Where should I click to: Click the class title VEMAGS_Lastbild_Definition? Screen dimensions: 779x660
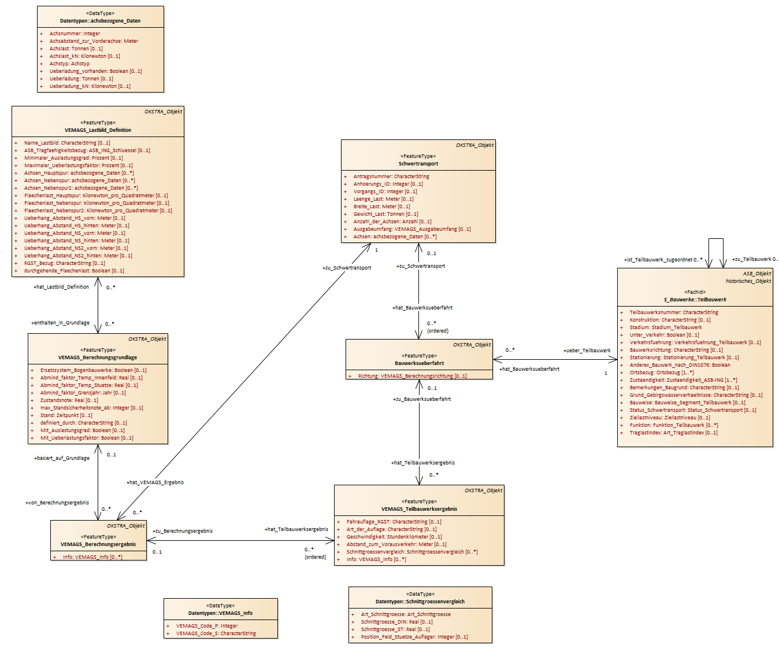coord(98,130)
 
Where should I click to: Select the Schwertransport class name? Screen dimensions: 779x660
coord(418,164)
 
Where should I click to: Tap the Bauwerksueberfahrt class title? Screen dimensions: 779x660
coord(419,363)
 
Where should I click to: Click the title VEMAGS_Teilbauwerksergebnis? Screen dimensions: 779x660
coord(419,509)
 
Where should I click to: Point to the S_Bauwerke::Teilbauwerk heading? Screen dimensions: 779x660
coord(695,300)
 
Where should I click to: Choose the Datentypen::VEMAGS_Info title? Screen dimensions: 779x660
coord(221,613)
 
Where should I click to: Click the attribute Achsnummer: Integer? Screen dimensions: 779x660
coord(75,34)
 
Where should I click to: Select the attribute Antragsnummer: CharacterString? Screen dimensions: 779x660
coord(391,176)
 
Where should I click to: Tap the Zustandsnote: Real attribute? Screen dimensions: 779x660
coord(69,400)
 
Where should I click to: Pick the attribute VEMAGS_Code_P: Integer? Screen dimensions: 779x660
coord(207,626)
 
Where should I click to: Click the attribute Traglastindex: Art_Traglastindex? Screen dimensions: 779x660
coord(673,433)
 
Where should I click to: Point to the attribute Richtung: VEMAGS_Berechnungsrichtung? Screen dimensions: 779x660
coord(412,376)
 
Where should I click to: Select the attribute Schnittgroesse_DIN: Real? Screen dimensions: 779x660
coord(396,621)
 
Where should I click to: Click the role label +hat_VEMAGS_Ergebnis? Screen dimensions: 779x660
coord(155,482)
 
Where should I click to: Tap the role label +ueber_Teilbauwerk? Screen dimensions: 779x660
coord(587,351)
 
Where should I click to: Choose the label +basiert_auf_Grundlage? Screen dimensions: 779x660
coord(62,458)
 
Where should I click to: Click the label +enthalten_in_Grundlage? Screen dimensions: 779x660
coord(60,323)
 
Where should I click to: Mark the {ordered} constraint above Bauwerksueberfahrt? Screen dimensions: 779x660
coord(437,331)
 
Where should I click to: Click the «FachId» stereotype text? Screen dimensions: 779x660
coord(695,292)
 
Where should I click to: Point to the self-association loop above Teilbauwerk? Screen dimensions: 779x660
coord(715,239)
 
